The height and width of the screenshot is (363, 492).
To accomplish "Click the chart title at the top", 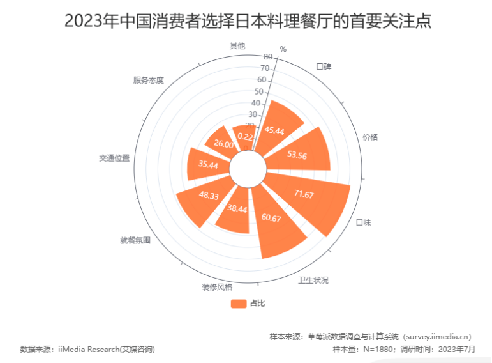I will click(x=248, y=21).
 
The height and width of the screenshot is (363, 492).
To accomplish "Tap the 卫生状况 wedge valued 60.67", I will click(x=275, y=230).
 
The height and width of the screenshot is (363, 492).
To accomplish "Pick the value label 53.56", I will click(x=298, y=155).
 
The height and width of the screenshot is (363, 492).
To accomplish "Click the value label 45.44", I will click(x=274, y=131).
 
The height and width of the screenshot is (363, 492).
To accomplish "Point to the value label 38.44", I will click(x=237, y=209).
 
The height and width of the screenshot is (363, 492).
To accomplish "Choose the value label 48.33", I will click(x=209, y=196).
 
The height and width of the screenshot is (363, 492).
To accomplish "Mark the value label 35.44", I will click(x=208, y=165).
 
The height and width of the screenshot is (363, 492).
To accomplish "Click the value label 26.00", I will click(x=223, y=144).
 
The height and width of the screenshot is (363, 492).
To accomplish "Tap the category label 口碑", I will click(x=324, y=66).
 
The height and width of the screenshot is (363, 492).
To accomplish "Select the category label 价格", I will click(x=370, y=136).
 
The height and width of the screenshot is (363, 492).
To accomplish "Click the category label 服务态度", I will click(x=148, y=80).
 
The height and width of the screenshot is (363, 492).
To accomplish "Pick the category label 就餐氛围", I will click(x=135, y=240).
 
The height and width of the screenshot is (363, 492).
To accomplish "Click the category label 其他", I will click(x=237, y=46).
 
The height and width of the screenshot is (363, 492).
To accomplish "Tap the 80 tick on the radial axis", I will click(x=267, y=57).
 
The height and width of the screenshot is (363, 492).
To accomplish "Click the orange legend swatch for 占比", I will click(x=239, y=303).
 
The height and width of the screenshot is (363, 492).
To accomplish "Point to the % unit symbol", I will click(x=283, y=49).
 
